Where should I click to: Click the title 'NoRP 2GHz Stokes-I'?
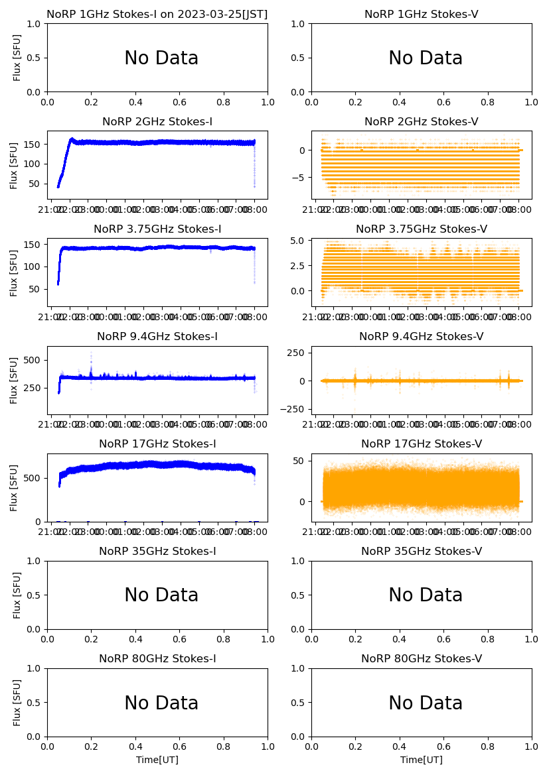click(157, 122)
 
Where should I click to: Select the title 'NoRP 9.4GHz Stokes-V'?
click(422, 337)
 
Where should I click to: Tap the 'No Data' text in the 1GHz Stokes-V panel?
click(426, 58)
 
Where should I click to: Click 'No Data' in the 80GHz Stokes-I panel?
click(161, 703)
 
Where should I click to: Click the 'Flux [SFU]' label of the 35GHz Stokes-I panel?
click(17, 595)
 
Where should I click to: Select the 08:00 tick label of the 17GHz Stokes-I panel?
click(255, 532)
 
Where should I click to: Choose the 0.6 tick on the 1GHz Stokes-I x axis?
click(180, 103)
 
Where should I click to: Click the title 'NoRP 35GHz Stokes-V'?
click(422, 552)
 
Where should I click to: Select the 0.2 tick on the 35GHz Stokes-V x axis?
click(355, 640)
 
